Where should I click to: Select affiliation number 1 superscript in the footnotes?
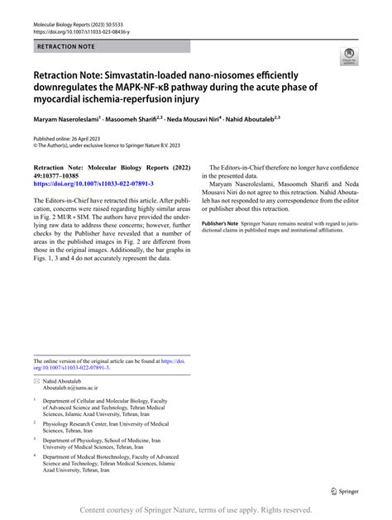(x=35, y=398)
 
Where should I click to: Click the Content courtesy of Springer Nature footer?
(x=195, y=510)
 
